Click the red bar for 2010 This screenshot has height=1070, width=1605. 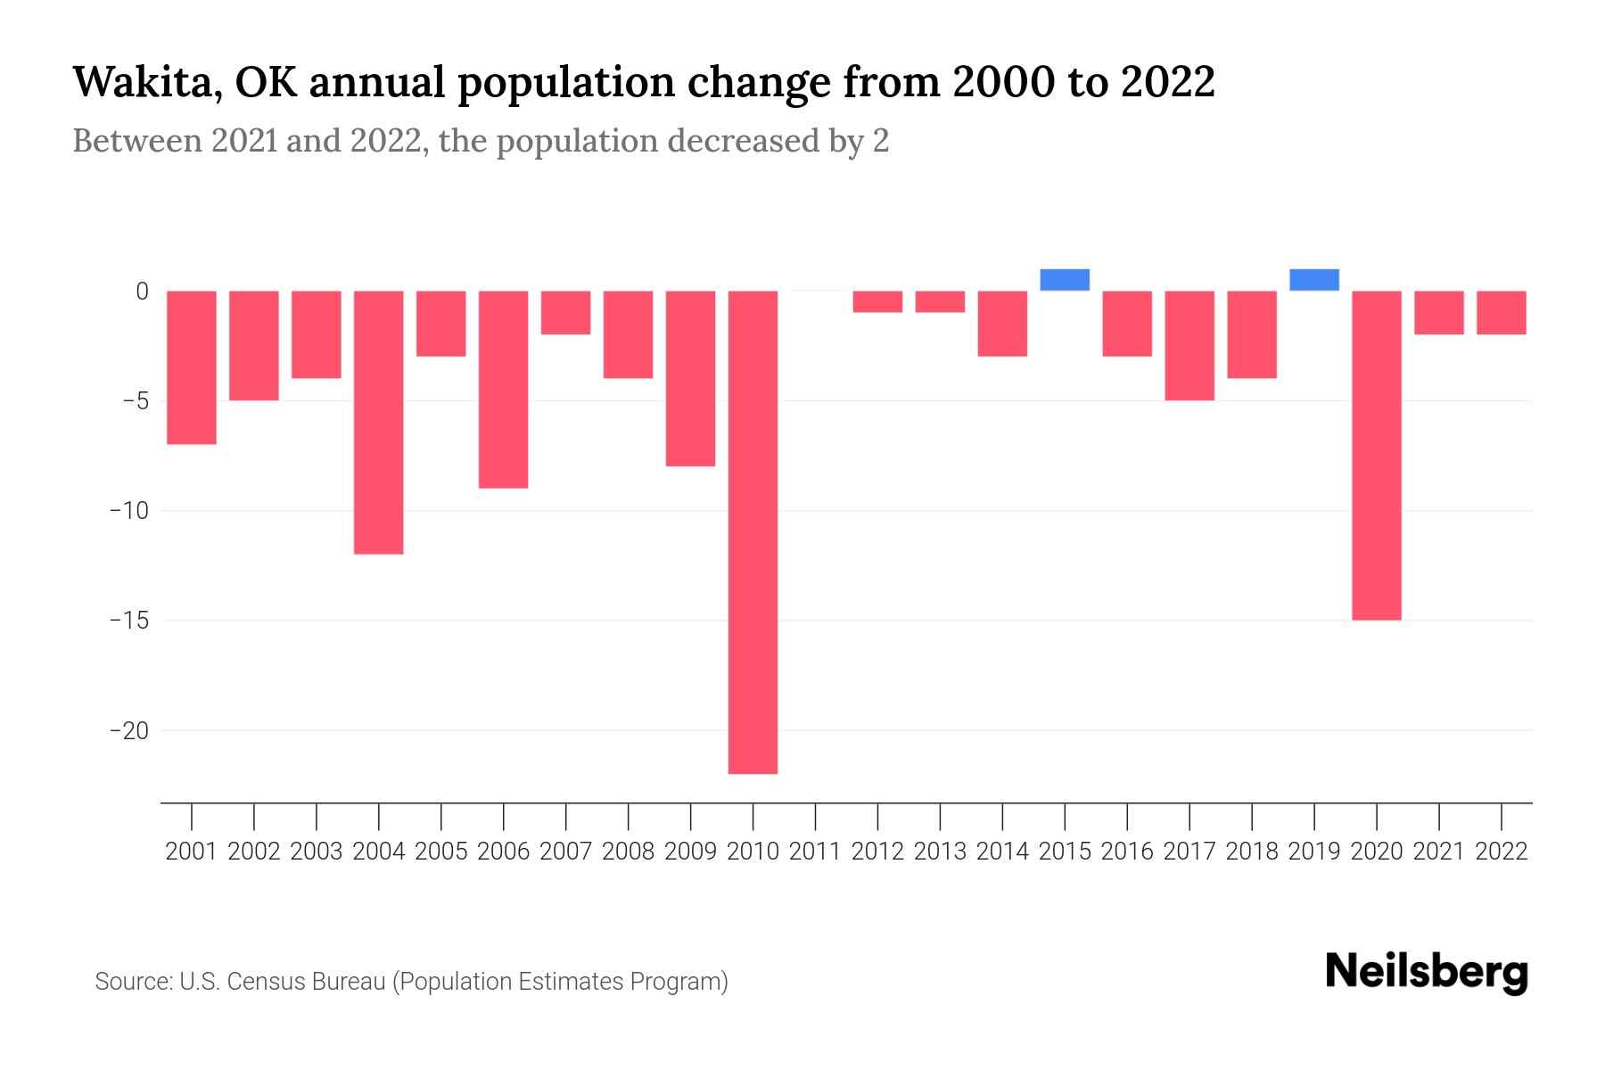[753, 531]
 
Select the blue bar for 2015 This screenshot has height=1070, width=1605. [1065, 280]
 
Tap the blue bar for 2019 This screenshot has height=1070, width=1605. [1314, 280]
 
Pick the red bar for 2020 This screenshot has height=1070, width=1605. [1377, 455]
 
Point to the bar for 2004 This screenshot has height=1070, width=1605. [379, 422]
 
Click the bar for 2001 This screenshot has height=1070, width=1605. [192, 367]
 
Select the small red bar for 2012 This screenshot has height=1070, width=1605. [877, 301]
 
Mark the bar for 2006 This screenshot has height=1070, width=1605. [504, 389]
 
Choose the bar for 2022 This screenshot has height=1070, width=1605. [1502, 312]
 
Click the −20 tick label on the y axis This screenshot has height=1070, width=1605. [128, 731]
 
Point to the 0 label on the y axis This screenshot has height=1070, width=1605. [142, 292]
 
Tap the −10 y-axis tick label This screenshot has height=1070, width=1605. [128, 511]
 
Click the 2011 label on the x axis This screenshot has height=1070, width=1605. [815, 852]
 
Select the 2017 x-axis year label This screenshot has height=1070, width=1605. [1189, 852]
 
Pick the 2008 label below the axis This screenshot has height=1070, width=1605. [628, 852]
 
